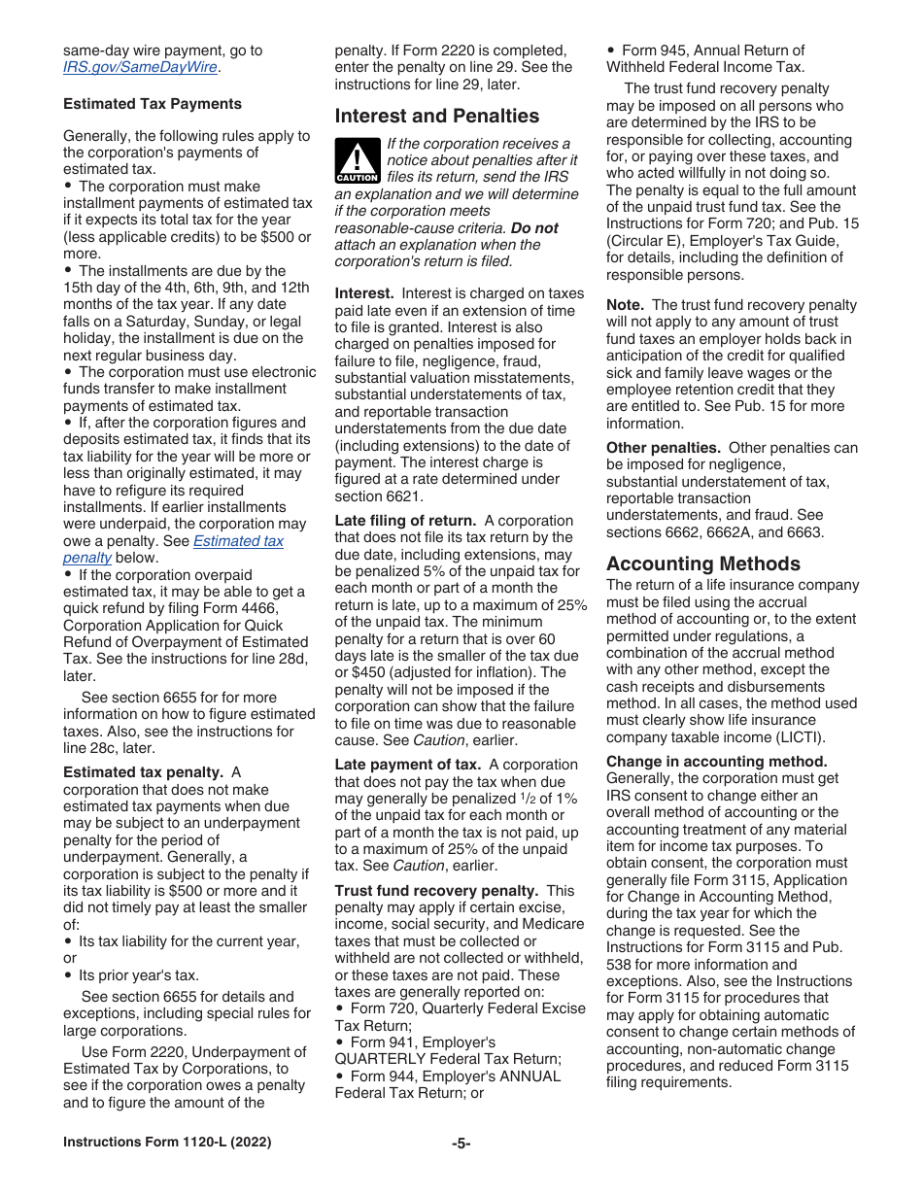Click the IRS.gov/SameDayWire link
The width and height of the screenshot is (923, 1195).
[x=140, y=68]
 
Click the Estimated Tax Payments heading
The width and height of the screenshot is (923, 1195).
[x=153, y=104]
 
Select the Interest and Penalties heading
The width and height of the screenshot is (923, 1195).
[x=436, y=117]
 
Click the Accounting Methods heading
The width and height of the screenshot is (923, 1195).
[x=703, y=563]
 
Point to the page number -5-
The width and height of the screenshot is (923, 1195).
[x=461, y=1144]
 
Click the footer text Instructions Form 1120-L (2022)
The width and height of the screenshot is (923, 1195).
[x=167, y=1143]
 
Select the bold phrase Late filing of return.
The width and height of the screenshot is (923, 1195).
[x=405, y=521]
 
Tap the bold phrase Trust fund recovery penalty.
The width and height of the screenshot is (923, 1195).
[x=436, y=891]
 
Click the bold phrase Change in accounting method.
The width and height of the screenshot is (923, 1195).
[x=716, y=762]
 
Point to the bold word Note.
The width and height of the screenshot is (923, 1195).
[x=625, y=305]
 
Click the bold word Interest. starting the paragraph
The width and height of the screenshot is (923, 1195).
[x=364, y=293]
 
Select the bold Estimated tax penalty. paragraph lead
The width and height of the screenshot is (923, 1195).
[x=143, y=772]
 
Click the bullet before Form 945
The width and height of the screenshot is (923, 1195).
[x=611, y=51]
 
